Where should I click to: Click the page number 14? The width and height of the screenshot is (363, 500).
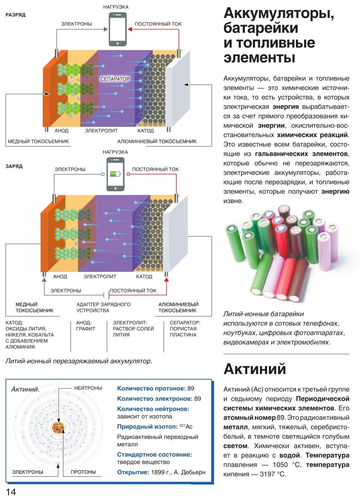point(11,492)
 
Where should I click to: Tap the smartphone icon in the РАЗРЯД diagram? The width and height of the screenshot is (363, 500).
point(117,29)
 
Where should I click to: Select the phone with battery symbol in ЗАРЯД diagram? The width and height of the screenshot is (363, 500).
point(115,174)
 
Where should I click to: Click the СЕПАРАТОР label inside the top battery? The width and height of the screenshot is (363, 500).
point(115,79)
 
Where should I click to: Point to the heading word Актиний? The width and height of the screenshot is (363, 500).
point(255,369)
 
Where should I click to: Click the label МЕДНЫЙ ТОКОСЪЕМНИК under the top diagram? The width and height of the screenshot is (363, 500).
point(38,141)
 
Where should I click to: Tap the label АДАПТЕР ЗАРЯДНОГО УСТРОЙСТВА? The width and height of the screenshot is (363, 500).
point(104,307)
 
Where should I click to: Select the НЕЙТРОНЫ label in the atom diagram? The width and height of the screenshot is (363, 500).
point(88,388)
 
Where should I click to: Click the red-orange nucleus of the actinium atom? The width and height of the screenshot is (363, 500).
point(58,428)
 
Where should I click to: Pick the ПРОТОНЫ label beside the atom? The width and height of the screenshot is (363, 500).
point(83,472)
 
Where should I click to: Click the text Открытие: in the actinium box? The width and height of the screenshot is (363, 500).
point(133,472)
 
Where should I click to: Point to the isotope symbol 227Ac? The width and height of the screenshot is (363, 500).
point(186,427)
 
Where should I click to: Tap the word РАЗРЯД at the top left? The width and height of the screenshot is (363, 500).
point(16,15)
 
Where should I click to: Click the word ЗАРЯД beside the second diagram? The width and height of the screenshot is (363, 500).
point(14,166)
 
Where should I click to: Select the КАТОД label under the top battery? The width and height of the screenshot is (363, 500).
point(146,131)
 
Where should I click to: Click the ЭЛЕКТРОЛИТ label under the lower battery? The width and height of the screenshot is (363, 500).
point(100,276)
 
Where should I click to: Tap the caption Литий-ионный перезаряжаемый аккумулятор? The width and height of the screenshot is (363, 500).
point(79,361)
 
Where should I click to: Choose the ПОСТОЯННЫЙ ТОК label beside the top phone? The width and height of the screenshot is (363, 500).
point(158,24)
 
